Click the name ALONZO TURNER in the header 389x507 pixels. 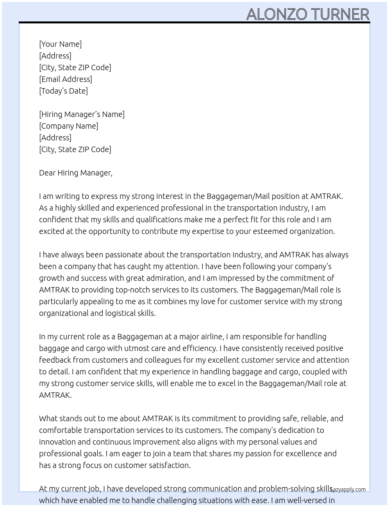[x=307, y=14]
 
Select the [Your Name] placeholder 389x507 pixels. [x=60, y=44]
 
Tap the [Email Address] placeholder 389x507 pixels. [x=66, y=79]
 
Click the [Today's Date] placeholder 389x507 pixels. [x=63, y=91]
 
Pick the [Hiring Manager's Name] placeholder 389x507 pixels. [x=82, y=114]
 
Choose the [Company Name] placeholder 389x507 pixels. [x=68, y=126]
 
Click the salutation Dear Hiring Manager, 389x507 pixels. [x=75, y=173]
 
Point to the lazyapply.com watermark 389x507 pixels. [x=348, y=489]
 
